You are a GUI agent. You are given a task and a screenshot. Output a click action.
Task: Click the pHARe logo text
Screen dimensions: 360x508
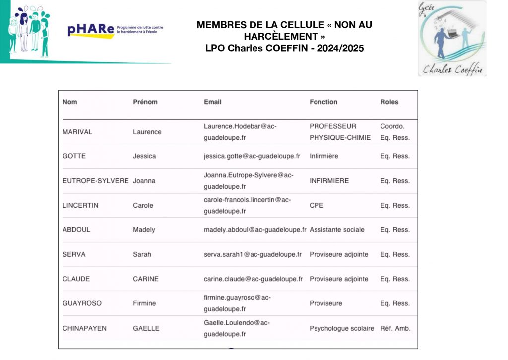[90, 31]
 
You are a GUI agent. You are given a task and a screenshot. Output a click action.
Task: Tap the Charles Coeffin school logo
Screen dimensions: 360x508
[452, 39]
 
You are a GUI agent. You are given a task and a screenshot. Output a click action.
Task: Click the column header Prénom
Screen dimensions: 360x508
[145, 102]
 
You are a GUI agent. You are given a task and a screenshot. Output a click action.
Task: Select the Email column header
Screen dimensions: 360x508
[213, 102]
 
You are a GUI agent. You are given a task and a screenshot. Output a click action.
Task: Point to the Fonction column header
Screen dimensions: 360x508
[323, 102]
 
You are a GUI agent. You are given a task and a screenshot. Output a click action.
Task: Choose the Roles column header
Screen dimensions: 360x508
[389, 102]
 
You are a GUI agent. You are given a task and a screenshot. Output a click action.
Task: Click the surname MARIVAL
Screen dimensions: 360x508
[77, 132]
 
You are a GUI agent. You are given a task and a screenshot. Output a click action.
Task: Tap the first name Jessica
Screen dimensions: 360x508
[144, 156]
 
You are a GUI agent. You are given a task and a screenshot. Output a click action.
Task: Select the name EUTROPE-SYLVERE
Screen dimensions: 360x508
[95, 181]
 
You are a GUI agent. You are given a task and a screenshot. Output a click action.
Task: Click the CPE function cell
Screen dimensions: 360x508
[317, 205]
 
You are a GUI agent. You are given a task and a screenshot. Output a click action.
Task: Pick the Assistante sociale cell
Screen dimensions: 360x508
[337, 230]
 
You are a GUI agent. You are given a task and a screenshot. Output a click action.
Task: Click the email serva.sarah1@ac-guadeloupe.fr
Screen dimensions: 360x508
[253, 254]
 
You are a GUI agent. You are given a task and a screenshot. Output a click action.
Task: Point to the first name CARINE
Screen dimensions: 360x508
[146, 279]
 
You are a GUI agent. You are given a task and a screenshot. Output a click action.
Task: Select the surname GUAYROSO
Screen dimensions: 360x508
[82, 303]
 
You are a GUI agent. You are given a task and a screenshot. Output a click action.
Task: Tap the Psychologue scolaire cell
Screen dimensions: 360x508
[342, 328]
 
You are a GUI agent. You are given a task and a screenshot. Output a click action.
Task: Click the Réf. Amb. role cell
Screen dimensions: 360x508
[395, 328]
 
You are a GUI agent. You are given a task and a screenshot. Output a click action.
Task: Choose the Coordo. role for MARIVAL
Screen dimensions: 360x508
[392, 126]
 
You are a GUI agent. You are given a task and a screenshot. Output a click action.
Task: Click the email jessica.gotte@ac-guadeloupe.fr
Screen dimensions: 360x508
[252, 156]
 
